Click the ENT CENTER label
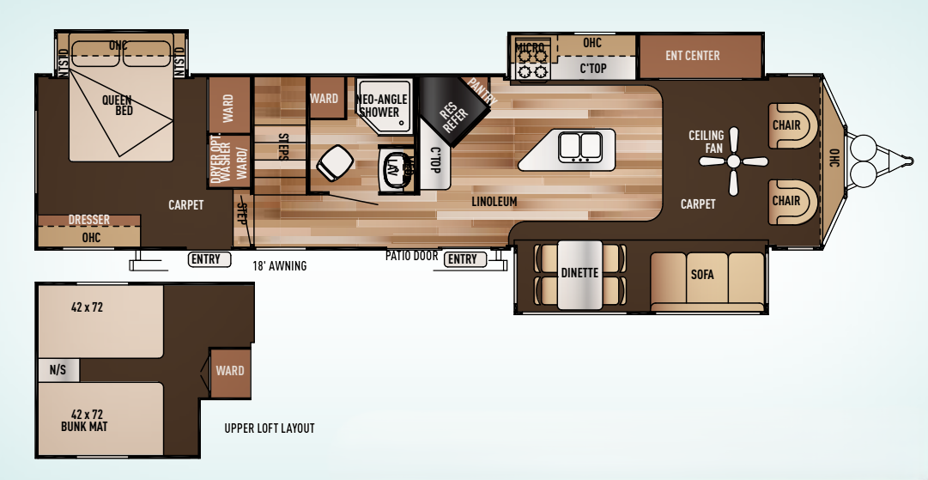coord(692,56)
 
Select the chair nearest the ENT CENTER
coord(787,126)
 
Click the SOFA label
coord(702,275)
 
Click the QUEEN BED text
coord(117,105)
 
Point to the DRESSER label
coord(88,221)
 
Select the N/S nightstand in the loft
coord(58,370)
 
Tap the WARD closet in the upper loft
coord(229,372)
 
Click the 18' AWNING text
coord(279,266)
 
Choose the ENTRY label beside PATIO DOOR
coord(462,259)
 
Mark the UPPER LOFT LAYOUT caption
coord(269,428)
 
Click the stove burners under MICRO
coord(531,64)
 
